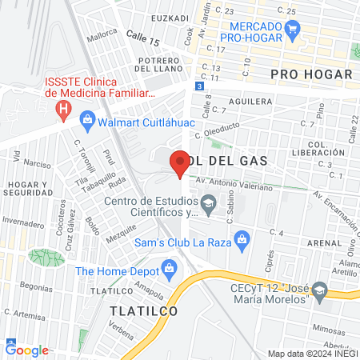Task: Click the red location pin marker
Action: coord(179,164)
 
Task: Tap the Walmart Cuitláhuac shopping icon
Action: coord(88,122)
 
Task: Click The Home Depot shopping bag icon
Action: coord(168,270)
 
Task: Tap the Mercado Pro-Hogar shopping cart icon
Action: coord(293,32)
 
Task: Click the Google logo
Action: coord(27,350)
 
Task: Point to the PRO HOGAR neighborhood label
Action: coord(311,74)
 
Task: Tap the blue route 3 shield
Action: coord(199,86)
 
